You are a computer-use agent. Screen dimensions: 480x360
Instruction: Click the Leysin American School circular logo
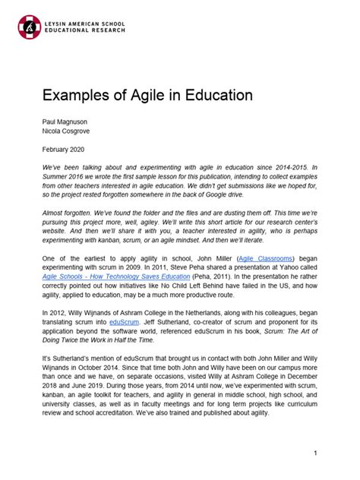[29, 27]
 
